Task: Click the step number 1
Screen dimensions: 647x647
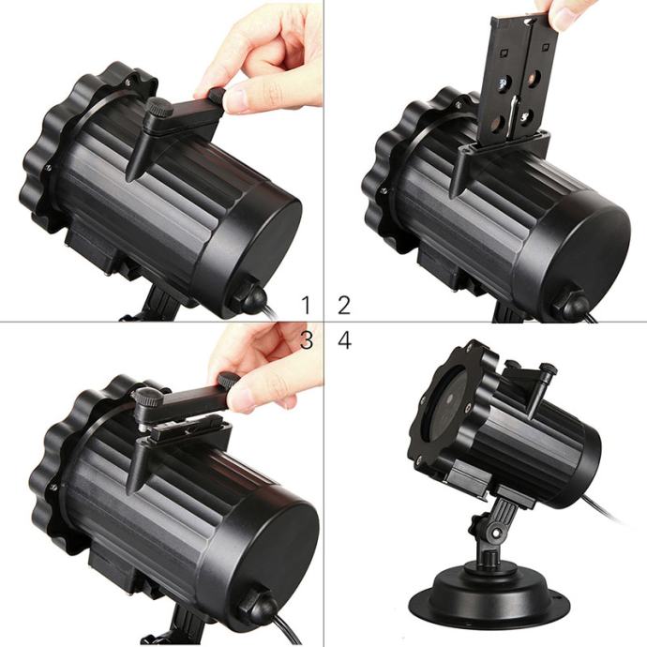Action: click(x=306, y=305)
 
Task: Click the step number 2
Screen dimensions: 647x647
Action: click(x=344, y=305)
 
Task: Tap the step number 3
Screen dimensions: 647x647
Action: click(x=307, y=340)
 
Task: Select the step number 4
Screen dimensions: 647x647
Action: click(x=344, y=340)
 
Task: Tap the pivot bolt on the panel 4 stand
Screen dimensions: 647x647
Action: click(x=495, y=533)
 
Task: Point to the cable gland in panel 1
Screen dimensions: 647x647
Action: click(x=250, y=296)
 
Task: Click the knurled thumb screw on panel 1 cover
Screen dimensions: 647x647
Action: click(x=161, y=107)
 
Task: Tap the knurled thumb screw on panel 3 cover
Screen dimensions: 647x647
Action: click(x=147, y=397)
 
